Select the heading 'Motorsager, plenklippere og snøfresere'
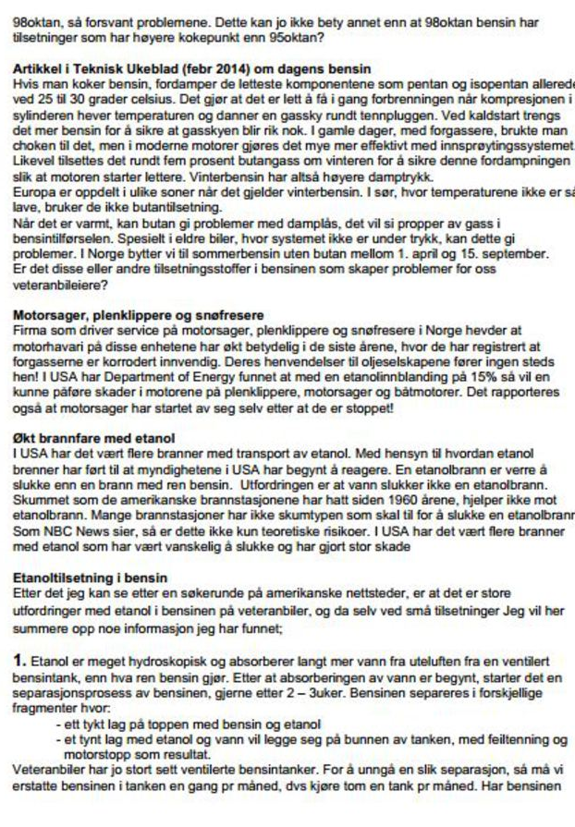click(x=138, y=313)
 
